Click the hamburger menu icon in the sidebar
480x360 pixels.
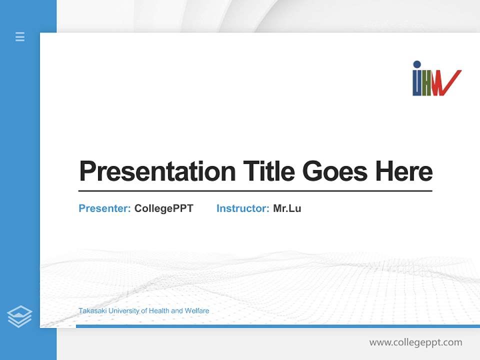coord(20,36)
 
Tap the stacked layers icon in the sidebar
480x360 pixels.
coord(19,316)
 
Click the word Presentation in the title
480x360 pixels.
coord(157,171)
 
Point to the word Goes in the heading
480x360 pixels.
coord(336,171)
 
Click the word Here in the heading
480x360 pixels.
coord(404,171)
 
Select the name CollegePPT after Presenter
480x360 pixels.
coord(163,208)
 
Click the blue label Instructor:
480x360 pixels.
coord(243,208)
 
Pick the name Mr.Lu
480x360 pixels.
coord(287,208)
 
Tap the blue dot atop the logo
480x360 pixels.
coord(417,64)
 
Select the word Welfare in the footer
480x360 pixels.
coord(197,311)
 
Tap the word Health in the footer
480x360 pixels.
coord(158,311)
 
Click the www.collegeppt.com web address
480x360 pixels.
coord(415,342)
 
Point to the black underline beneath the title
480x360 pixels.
coord(255,191)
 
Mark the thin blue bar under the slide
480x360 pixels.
coord(277,326)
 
